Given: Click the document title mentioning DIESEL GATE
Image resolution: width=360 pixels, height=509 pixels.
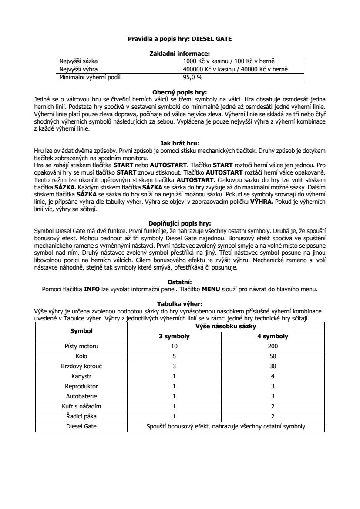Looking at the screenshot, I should coord(180,39).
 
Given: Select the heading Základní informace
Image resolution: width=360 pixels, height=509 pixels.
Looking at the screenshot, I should coord(180,53).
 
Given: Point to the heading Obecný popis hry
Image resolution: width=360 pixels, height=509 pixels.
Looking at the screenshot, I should coord(180,92).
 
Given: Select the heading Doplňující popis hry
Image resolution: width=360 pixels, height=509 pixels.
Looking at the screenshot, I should coord(180,223).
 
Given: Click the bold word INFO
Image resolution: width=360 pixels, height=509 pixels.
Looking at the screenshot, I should coord(92,288).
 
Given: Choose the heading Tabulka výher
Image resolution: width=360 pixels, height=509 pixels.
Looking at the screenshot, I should coord(180,304).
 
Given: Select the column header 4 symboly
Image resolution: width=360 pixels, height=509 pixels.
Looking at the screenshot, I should coord(273,337).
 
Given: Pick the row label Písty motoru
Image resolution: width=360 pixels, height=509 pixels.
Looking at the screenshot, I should coord(81,347).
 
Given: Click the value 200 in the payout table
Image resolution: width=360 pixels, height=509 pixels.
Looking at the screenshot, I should coord(273,347).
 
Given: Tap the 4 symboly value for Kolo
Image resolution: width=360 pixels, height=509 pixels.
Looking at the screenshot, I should coord(273,357).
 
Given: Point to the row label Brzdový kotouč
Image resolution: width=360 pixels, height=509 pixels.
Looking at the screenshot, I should coord(81,367).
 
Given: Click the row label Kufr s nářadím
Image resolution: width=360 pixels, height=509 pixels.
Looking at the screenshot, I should coord(81,406).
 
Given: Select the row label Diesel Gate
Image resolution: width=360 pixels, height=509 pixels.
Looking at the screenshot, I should coord(81,426).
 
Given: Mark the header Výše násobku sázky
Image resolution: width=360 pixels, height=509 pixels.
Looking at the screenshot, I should coord(225,326).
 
